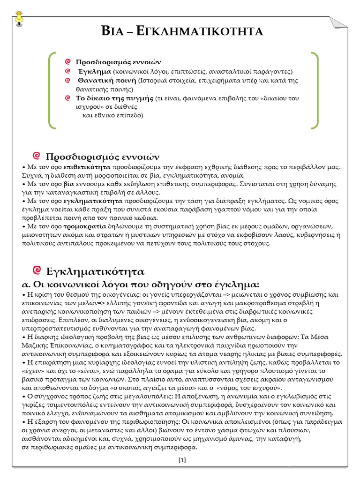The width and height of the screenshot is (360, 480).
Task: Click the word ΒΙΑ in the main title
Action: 114,31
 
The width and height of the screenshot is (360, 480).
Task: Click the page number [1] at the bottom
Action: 182,460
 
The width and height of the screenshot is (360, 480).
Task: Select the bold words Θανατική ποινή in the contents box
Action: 105,81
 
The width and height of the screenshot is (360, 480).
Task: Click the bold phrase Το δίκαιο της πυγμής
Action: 115,98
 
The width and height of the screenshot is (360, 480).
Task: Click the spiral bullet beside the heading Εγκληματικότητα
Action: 38,270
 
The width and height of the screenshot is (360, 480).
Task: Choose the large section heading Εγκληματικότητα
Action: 96,271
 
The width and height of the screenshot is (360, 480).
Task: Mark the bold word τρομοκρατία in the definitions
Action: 83,226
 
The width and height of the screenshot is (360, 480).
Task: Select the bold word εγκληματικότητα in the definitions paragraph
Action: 94,201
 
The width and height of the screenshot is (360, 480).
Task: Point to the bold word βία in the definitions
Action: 69,184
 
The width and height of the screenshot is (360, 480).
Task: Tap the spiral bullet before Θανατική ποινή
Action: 68,81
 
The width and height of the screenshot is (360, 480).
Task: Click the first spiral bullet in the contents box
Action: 68,62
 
